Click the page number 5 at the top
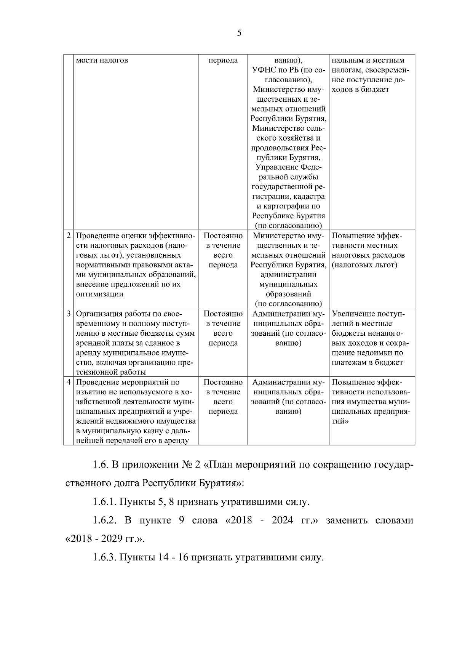pos(239,33)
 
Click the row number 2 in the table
pos(68,236)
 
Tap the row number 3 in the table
pos(68,314)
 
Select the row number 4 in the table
pos(68,382)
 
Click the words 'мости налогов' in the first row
pos(102,61)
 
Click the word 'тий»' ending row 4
pos(339,421)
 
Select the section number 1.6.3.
pos(104,558)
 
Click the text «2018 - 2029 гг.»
pos(105,540)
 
